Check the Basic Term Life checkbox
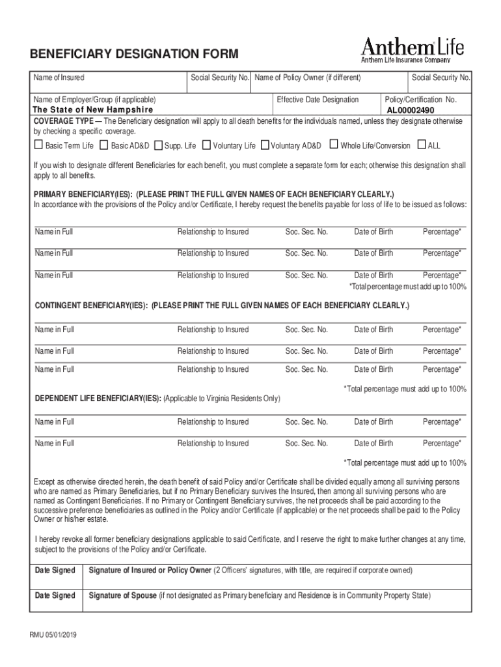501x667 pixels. tap(38, 145)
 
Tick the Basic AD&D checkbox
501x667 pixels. tap(103, 145)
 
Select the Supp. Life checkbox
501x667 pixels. tap(158, 145)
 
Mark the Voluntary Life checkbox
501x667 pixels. tap(206, 145)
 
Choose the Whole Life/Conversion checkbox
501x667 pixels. tap(334, 145)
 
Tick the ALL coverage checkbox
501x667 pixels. tap(421, 145)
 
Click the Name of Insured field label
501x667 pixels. tap(59, 78)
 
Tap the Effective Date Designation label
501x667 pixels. tap(318, 100)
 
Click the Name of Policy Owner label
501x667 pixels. tap(308, 78)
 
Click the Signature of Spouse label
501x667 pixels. tap(123, 595)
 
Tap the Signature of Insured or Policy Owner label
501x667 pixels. tap(150, 571)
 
